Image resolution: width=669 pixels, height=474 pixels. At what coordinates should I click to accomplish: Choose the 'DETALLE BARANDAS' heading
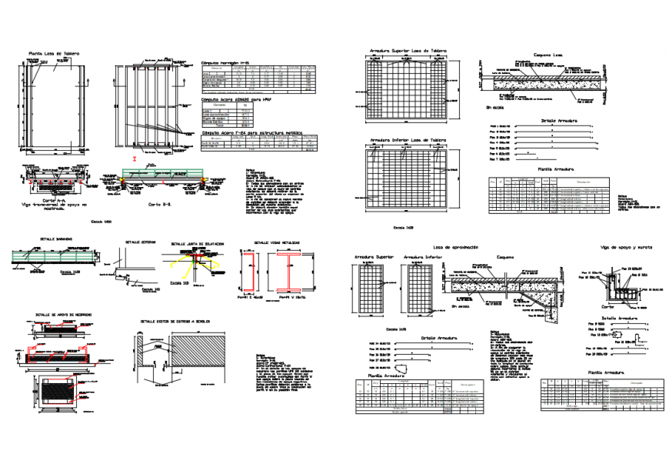pyautogui.click(x=53, y=239)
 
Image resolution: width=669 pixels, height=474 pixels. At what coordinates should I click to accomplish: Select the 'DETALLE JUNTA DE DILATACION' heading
pyautogui.click(x=197, y=242)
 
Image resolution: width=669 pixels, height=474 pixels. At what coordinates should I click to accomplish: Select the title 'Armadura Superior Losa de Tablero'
pyautogui.click(x=407, y=50)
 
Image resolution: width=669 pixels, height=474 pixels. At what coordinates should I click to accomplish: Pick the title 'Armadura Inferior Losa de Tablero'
pyautogui.click(x=407, y=140)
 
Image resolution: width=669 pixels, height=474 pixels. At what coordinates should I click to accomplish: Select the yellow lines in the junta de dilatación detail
pyautogui.click(x=186, y=265)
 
